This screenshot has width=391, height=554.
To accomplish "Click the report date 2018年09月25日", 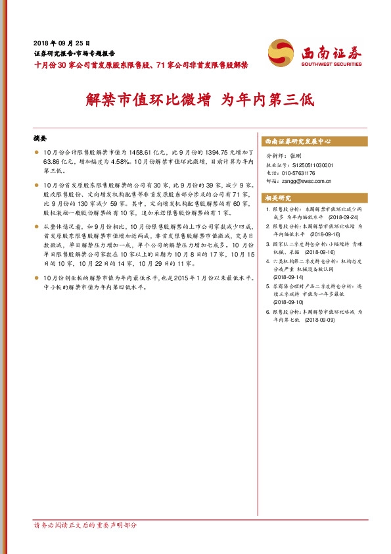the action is click(60, 41).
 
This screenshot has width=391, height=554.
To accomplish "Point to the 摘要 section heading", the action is click(40, 139).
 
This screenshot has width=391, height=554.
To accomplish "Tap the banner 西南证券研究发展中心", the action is click(298, 141).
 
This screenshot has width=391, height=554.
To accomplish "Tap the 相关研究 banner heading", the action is click(277, 197).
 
